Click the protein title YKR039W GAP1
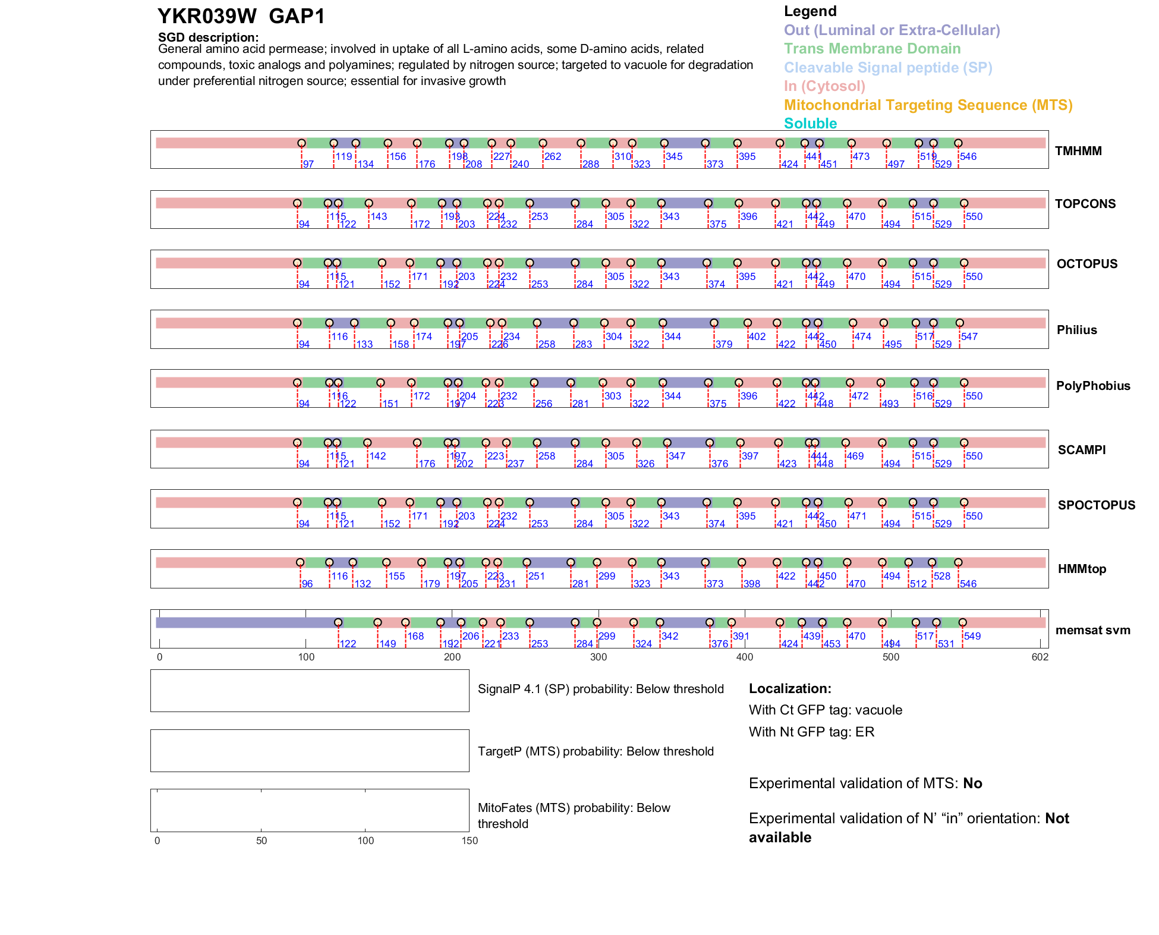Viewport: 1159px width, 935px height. click(x=241, y=17)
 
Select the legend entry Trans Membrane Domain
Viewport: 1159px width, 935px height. click(x=872, y=49)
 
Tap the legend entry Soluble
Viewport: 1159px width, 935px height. click(x=810, y=124)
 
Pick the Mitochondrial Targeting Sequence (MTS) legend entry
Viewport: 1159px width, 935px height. click(x=928, y=105)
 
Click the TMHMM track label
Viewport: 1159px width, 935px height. click(x=1078, y=151)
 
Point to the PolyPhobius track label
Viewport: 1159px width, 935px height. click(x=1092, y=386)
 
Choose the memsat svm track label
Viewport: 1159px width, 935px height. click(x=1092, y=630)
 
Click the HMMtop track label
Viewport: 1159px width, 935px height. click(x=1082, y=569)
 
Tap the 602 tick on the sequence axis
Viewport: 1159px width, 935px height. click(x=1040, y=657)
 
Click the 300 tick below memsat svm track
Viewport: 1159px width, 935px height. click(x=599, y=657)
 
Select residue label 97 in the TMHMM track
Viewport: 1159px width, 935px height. click(x=308, y=164)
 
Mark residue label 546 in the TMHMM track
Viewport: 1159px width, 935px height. click(x=968, y=156)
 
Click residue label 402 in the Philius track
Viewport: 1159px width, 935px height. click(x=757, y=336)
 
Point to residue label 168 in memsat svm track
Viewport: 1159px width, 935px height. click(x=415, y=636)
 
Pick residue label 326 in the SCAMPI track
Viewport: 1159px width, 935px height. click(x=645, y=464)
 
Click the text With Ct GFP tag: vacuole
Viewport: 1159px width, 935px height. click(x=825, y=710)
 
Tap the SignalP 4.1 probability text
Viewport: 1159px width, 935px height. click(x=600, y=689)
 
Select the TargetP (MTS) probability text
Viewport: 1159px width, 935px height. click(x=596, y=751)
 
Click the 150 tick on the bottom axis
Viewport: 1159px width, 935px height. click(x=470, y=840)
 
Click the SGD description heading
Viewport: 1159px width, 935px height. click(x=208, y=37)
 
